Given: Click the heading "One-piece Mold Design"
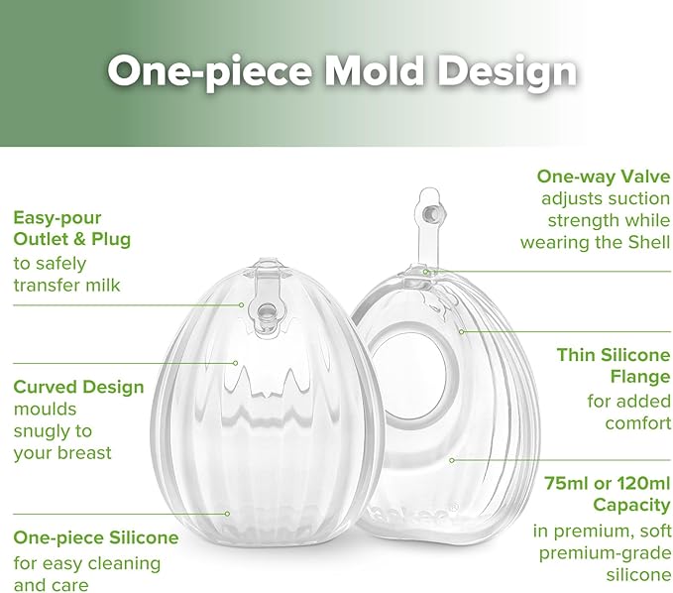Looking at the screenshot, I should pos(341,71).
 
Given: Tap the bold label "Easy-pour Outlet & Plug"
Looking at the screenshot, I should pos(71,227).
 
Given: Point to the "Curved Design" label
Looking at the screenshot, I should pos(78,387).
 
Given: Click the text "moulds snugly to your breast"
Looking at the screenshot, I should pos(61,430).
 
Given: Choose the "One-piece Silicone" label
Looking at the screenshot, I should pos(95,537).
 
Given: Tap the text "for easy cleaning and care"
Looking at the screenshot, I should pos(86,573).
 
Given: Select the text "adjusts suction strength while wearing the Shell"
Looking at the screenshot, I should pos(596,220).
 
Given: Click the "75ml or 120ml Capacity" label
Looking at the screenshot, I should pos(608,494).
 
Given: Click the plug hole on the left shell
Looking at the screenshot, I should pos(267,313).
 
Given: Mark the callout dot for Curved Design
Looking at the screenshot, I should pos(234,363).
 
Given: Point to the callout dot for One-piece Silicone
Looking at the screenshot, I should pos(229,513).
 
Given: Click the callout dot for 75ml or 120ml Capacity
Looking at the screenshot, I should pos(452,459).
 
